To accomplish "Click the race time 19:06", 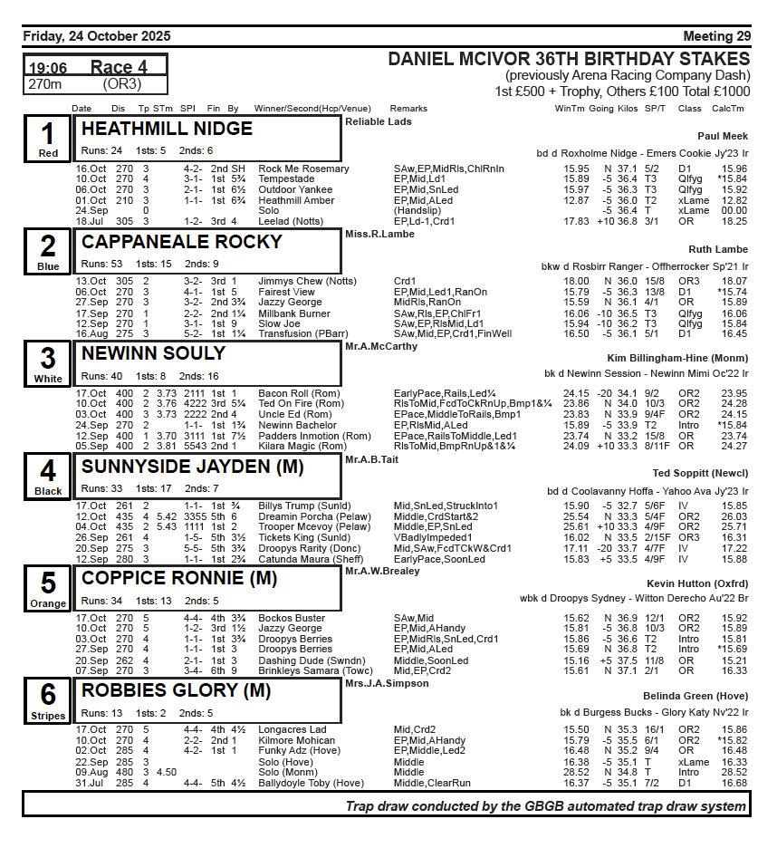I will (x=48, y=68).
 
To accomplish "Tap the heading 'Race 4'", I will (x=119, y=67).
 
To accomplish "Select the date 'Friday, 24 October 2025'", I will (x=96, y=36).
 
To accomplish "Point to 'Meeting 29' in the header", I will (x=716, y=36).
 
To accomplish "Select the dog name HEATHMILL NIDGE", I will (x=167, y=129).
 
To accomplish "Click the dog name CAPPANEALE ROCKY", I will (x=181, y=242).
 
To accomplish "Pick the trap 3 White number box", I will (x=48, y=362).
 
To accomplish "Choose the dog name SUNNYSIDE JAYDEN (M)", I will (x=192, y=467).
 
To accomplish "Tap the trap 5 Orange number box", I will (x=48, y=588).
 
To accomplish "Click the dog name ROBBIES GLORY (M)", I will (x=176, y=690).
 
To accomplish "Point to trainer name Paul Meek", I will (x=722, y=136).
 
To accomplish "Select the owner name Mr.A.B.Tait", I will (x=372, y=459).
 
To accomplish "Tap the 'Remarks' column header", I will (x=408, y=109).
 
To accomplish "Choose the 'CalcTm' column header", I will (x=727, y=109).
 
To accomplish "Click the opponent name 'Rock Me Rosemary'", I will (x=303, y=169).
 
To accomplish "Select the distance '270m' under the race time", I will (x=45, y=84).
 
